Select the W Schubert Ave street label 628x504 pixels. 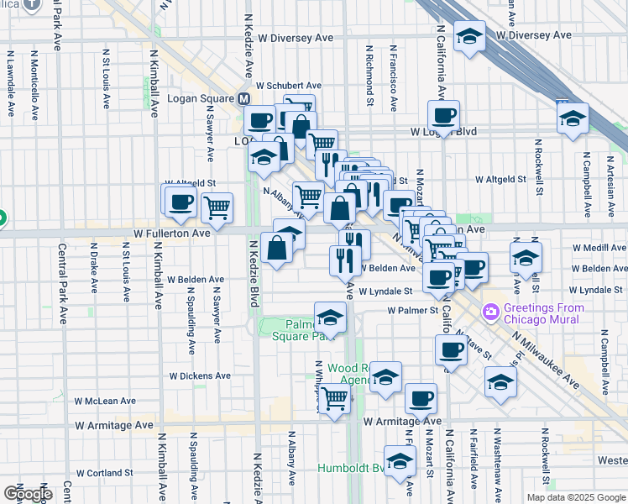(x=289, y=86)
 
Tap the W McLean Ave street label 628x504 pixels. (x=105, y=402)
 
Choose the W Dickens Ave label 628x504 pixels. (x=200, y=376)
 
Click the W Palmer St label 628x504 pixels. (x=414, y=310)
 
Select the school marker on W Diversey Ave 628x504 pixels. (x=469, y=36)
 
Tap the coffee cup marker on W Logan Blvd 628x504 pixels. (x=443, y=115)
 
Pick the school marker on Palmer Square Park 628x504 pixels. (x=330, y=318)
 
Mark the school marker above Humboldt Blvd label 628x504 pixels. (x=400, y=460)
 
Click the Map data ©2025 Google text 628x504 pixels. (x=576, y=497)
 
